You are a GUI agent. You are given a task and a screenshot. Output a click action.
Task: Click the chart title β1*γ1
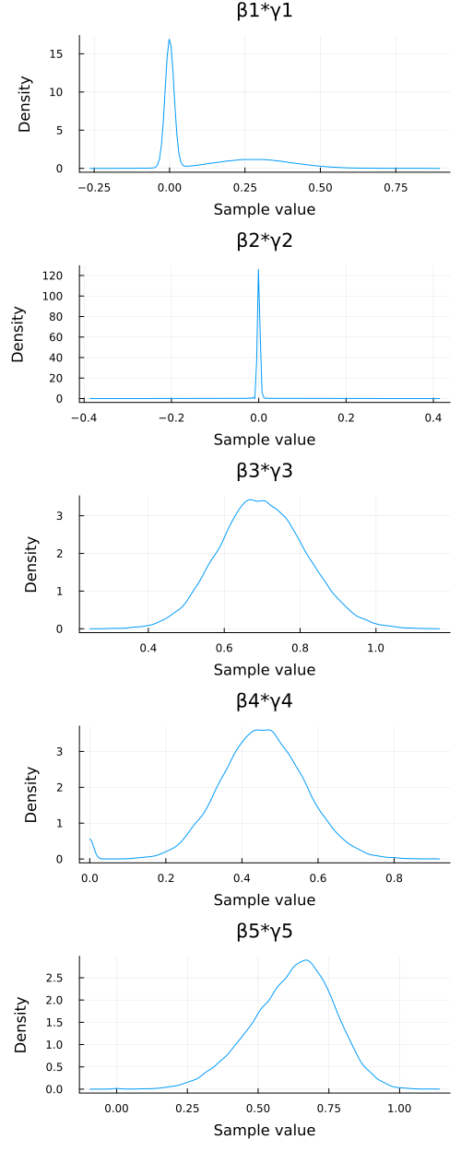[x=264, y=12]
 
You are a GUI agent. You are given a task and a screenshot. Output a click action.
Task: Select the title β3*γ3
[x=264, y=472]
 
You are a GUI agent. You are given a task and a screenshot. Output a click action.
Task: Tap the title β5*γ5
[x=264, y=932]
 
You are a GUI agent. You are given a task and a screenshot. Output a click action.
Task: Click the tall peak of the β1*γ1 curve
[x=170, y=40]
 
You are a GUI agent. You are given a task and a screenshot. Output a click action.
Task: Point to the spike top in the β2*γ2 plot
[x=258, y=269]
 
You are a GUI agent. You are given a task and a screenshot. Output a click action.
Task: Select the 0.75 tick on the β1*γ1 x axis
[x=396, y=186]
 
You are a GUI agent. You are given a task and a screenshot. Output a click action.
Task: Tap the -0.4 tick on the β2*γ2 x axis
[x=83, y=417]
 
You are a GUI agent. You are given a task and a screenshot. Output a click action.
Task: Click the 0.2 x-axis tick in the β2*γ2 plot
[x=346, y=417]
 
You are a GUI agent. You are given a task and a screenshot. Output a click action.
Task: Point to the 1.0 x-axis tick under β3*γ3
[x=375, y=647]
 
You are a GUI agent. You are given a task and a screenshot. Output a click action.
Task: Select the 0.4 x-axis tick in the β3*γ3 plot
[x=148, y=647]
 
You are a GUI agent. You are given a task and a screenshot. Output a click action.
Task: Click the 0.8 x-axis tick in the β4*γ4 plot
[x=394, y=877]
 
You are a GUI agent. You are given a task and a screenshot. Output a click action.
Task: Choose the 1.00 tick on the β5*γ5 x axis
[x=399, y=1107]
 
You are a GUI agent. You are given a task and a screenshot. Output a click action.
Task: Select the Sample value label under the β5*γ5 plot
[x=264, y=1130]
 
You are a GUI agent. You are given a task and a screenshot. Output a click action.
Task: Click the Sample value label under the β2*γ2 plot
[x=264, y=440]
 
